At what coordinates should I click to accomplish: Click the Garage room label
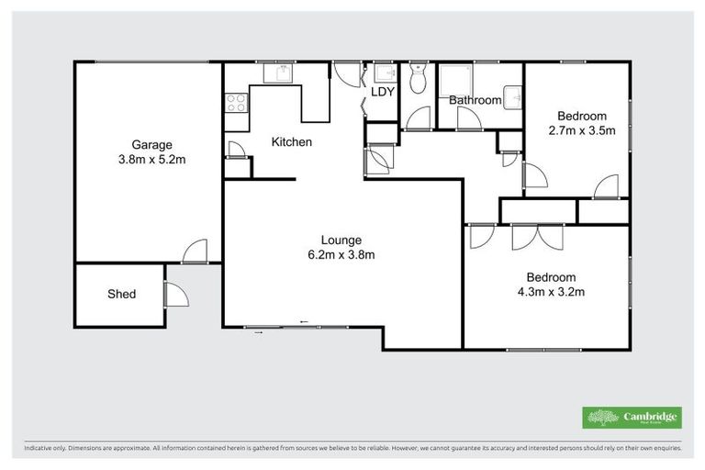pyautogui.click(x=151, y=144)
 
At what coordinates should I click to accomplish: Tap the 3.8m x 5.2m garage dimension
pyautogui.click(x=151, y=159)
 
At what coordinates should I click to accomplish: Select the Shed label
pyautogui.click(x=121, y=294)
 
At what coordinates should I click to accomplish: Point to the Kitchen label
pyautogui.click(x=291, y=142)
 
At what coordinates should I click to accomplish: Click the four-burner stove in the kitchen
pyautogui.click(x=235, y=102)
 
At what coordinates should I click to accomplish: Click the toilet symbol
pyautogui.click(x=419, y=81)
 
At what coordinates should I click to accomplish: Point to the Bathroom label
pyautogui.click(x=475, y=100)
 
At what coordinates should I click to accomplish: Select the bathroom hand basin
pyautogui.click(x=516, y=95)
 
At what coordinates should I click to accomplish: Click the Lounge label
pyautogui.click(x=341, y=241)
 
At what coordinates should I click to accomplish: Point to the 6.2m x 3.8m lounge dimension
pyautogui.click(x=341, y=255)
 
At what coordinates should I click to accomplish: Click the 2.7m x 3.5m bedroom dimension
pyautogui.click(x=581, y=130)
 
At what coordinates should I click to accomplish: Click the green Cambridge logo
pyautogui.click(x=632, y=418)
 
